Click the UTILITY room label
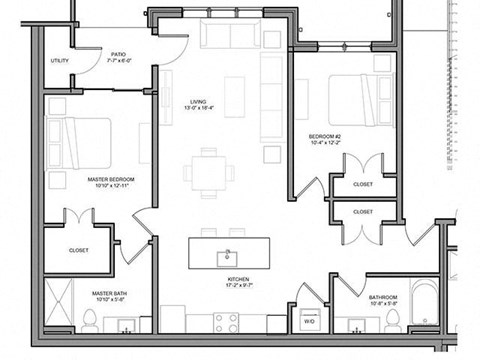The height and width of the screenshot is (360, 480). [x=60, y=62]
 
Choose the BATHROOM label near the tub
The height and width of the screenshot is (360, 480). [x=383, y=298]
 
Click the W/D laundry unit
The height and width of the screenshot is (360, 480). [x=309, y=321]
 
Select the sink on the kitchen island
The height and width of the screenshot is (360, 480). [x=228, y=255]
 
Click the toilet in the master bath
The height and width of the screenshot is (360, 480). [x=88, y=320]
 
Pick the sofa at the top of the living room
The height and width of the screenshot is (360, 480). [x=229, y=35]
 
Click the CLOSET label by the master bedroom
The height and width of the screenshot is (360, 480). [x=79, y=250]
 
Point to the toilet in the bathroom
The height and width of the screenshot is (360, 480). [x=394, y=320]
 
